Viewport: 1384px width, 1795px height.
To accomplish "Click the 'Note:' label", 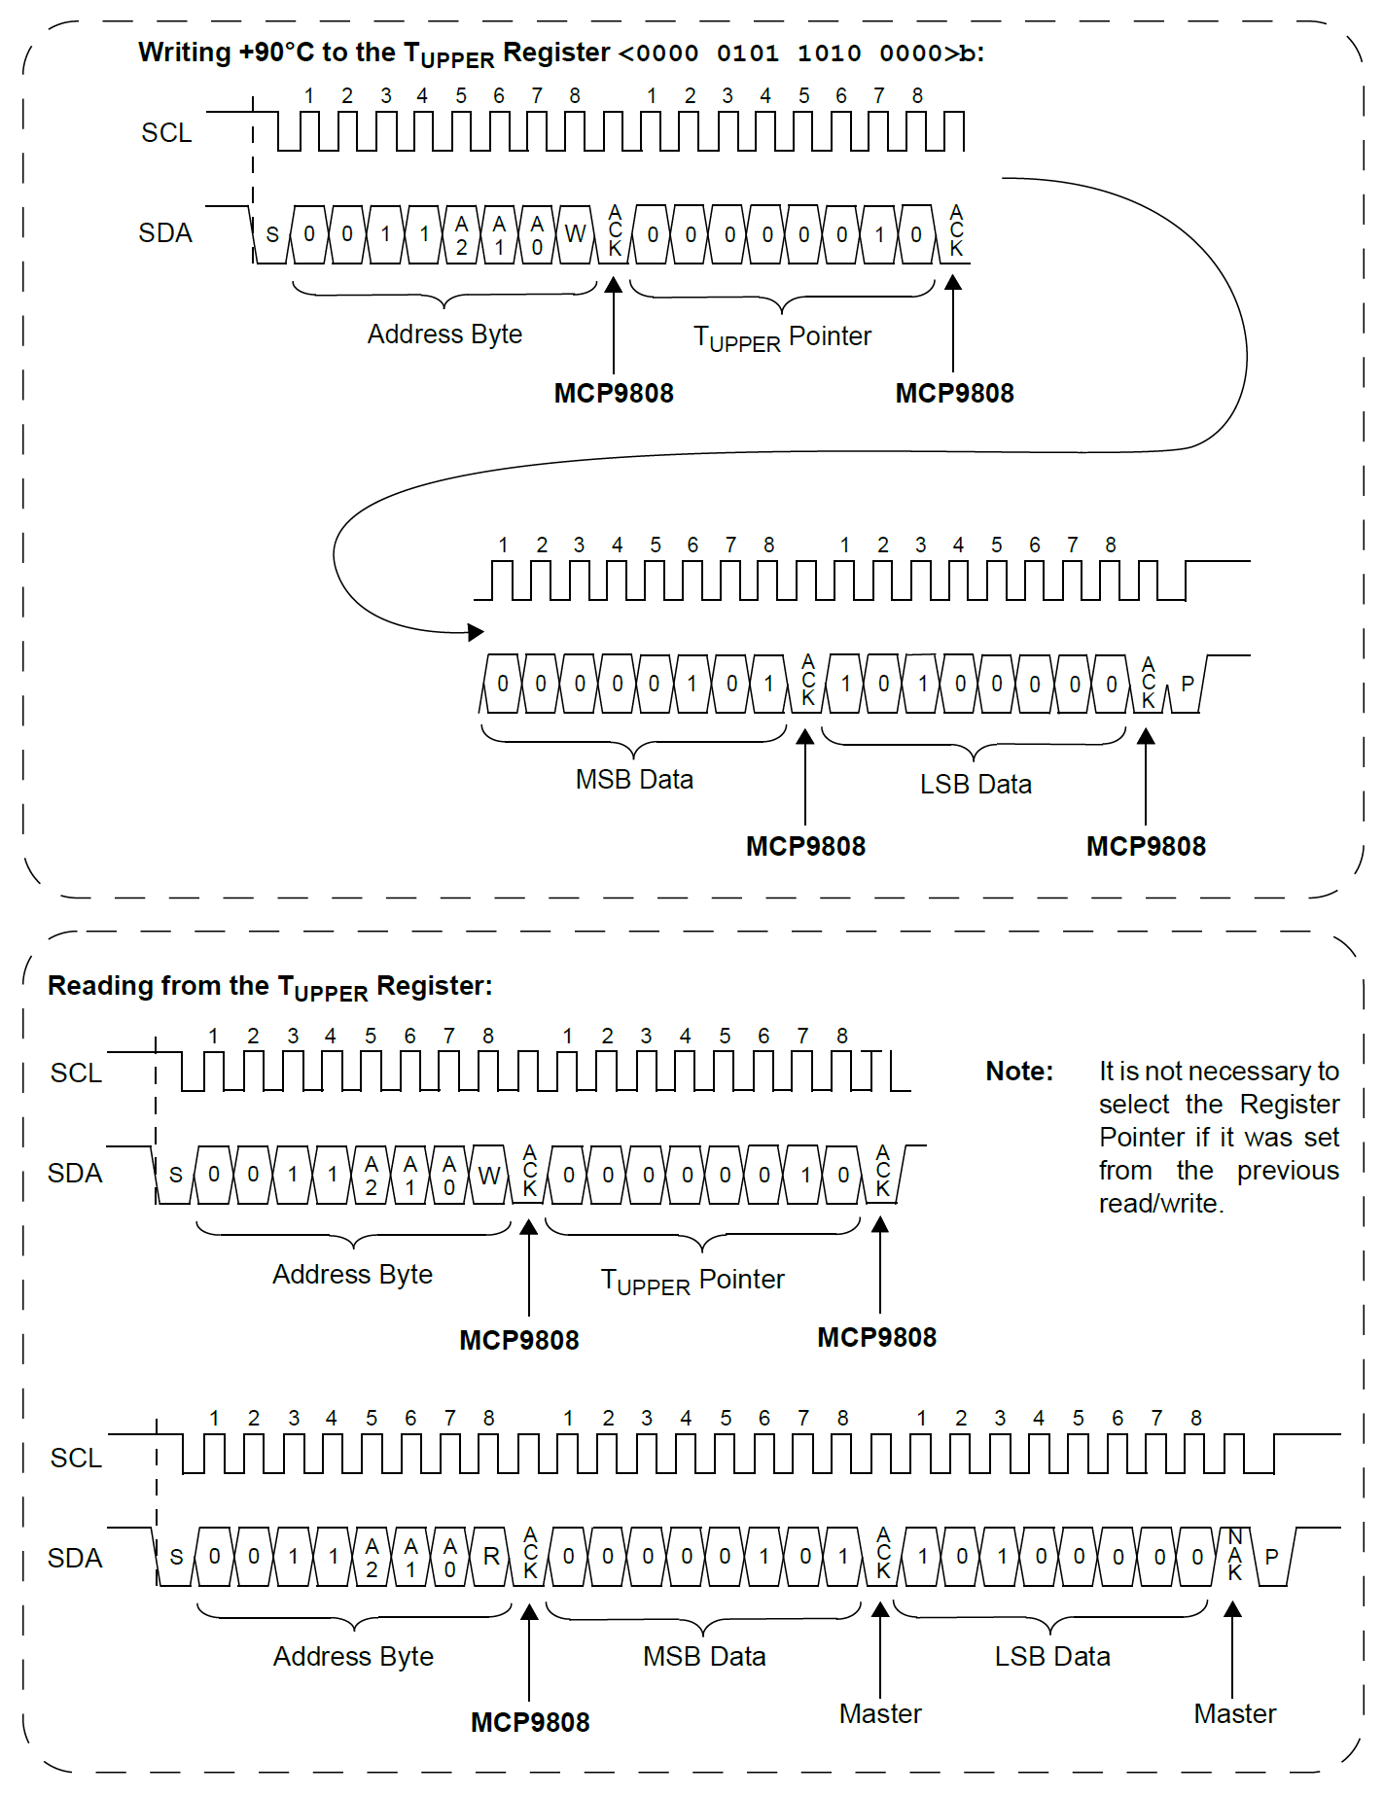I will (1019, 1072).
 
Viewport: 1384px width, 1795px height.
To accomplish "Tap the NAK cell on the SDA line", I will (1235, 1555).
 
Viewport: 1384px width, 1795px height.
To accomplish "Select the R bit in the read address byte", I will (491, 1557).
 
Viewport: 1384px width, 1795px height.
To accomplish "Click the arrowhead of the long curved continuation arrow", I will (476, 632).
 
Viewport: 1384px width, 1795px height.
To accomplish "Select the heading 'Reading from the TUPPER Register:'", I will (269, 987).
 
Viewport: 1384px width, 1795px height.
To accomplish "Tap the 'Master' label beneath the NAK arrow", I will (1234, 1713).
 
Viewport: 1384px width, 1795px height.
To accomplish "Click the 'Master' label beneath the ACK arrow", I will (880, 1713).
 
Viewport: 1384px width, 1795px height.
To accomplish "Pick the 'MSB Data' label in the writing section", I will (634, 780).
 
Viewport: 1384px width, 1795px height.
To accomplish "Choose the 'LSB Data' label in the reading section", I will (1051, 1656).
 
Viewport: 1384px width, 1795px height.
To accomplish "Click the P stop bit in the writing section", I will (1187, 684).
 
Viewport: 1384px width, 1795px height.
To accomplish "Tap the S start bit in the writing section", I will (272, 234).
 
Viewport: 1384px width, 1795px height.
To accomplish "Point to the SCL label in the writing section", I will (166, 133).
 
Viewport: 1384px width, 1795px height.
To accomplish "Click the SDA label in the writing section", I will (165, 233).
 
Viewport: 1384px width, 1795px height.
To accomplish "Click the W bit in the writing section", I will (575, 234).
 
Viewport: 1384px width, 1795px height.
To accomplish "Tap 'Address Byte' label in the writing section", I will (444, 334).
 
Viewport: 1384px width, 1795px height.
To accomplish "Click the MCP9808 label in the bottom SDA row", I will (530, 1722).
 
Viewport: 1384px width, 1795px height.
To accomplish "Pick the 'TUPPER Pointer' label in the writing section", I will (782, 337).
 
